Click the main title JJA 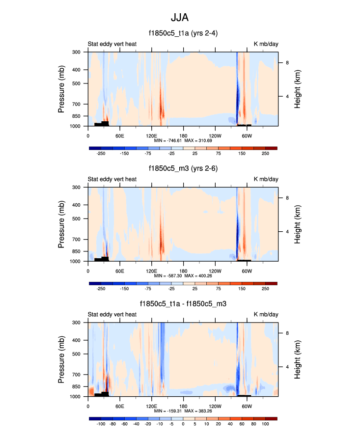point(180,18)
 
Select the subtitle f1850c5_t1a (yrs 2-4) point(183,34)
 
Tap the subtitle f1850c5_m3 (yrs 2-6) point(183,169)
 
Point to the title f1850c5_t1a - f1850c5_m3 point(183,304)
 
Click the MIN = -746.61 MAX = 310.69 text point(183,141)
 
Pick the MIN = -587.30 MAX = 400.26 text point(183,276)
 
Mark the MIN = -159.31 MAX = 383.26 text point(183,411)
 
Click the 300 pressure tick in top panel point(76,52)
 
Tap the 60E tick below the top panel point(120,135)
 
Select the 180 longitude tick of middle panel point(183,271)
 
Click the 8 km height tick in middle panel point(287,198)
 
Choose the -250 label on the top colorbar point(101,154)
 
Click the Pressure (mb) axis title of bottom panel point(62,359)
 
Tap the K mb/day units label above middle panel point(266,180)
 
